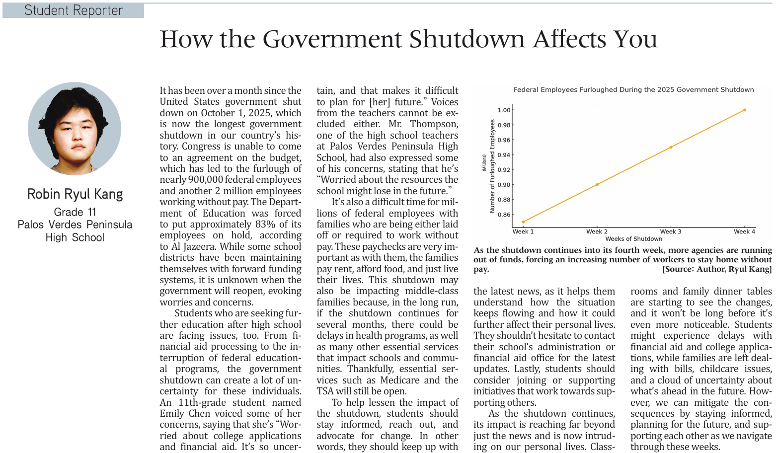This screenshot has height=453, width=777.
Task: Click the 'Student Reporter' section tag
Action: click(74, 10)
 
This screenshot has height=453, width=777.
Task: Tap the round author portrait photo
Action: click(75, 129)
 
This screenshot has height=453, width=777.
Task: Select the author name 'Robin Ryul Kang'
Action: click(75, 194)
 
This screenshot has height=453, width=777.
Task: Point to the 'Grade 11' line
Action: click(75, 212)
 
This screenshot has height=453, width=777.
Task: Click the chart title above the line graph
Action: click(633, 90)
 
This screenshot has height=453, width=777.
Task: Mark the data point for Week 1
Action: click(523, 222)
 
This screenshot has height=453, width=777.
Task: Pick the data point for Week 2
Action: click(597, 185)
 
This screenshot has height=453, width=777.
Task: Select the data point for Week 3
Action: click(671, 147)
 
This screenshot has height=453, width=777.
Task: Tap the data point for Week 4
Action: click(745, 110)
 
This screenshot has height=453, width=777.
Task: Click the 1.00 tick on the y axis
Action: click(504, 110)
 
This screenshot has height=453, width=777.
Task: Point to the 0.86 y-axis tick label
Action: click(504, 215)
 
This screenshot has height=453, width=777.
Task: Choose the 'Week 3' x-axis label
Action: click(671, 231)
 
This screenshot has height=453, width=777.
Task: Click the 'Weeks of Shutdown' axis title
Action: click(633, 239)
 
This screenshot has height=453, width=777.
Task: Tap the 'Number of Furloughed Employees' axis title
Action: click(492, 166)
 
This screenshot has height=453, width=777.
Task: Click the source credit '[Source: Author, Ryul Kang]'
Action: click(717, 269)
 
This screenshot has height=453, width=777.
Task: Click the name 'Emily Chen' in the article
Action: click(180, 414)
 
